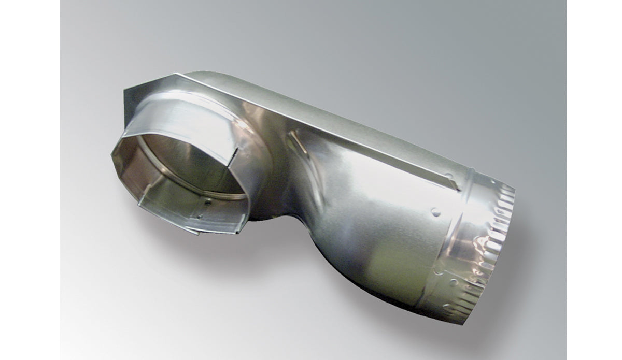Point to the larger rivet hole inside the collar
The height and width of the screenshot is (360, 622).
click(206, 204)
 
